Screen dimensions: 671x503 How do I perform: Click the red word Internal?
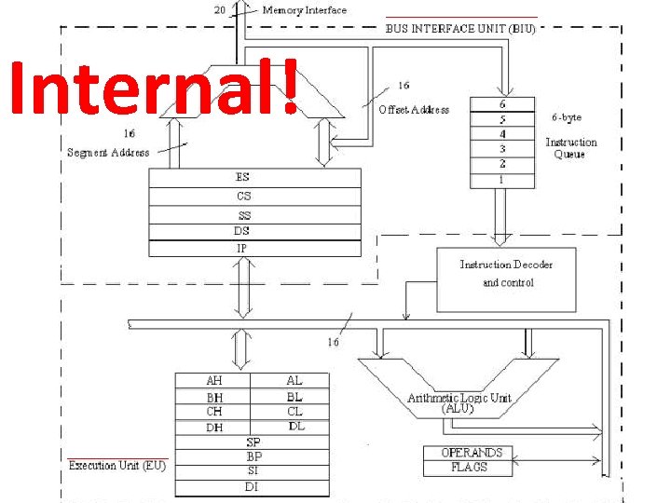pyautogui.click(x=154, y=88)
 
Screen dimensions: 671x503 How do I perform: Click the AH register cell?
pyautogui.click(x=214, y=381)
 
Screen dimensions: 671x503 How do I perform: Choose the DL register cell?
pyautogui.click(x=295, y=427)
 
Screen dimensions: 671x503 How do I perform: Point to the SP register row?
pyautogui.click(x=253, y=442)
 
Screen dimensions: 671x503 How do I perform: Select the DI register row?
pyautogui.click(x=253, y=486)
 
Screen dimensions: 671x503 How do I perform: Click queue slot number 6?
pyautogui.click(x=501, y=104)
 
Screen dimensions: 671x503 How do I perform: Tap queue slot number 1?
pyautogui.click(x=501, y=179)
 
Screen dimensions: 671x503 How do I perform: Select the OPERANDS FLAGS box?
pyautogui.click(x=468, y=460)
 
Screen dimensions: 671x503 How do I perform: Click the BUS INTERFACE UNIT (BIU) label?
pyautogui.click(x=460, y=29)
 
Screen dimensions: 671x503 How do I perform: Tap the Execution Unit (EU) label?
pyautogui.click(x=116, y=465)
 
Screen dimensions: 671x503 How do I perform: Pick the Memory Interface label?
pyautogui.click(x=304, y=10)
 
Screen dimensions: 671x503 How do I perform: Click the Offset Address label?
pyautogui.click(x=414, y=110)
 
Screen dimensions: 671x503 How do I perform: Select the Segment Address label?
pyautogui.click(x=108, y=153)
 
